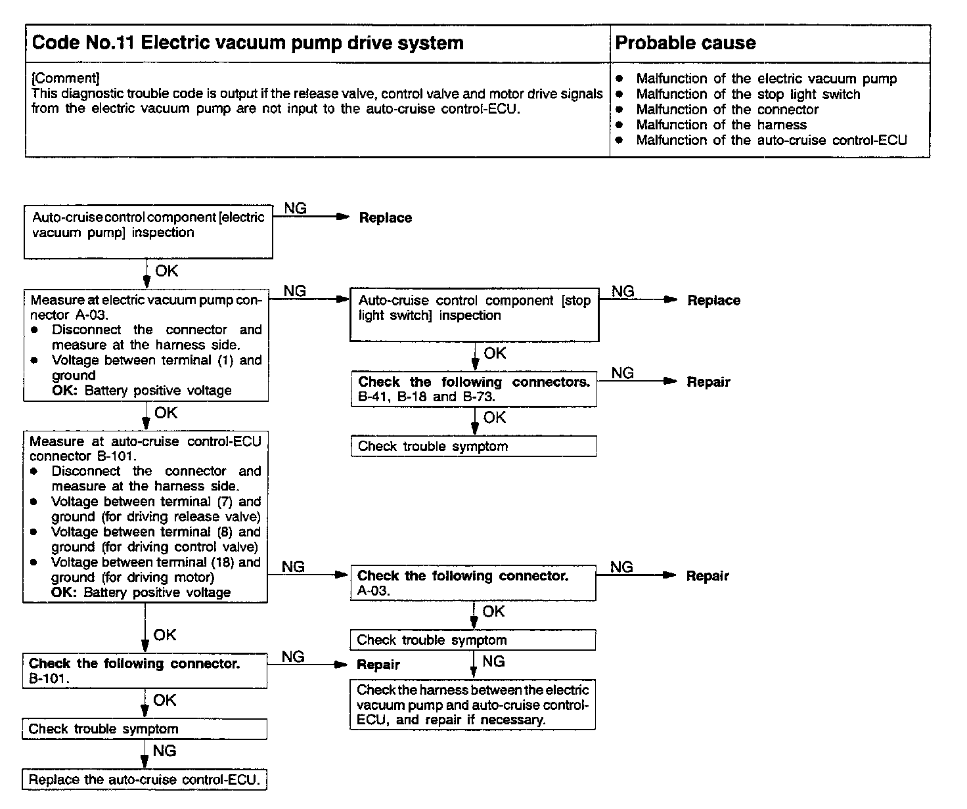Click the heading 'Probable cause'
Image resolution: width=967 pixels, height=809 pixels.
[x=685, y=43]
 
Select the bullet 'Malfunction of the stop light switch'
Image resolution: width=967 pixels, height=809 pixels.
[x=748, y=95]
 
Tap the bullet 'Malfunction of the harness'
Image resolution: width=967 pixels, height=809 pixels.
[x=721, y=125]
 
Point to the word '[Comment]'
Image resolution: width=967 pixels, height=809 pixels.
[x=66, y=78]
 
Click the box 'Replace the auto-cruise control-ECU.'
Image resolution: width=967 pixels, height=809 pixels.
[x=145, y=780]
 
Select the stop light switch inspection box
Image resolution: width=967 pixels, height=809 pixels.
[x=474, y=315]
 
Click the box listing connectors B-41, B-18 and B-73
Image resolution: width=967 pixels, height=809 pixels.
[x=474, y=389]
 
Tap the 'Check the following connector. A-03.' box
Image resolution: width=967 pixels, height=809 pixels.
[x=472, y=582]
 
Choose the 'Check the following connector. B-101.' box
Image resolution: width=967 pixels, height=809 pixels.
[x=145, y=670]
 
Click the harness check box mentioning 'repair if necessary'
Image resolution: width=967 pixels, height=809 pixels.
[x=472, y=705]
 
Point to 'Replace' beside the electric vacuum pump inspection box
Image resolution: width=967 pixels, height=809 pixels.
[x=385, y=218]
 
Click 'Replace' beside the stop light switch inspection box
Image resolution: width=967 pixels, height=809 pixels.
[x=713, y=301]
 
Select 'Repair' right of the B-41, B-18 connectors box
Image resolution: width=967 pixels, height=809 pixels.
[x=708, y=382]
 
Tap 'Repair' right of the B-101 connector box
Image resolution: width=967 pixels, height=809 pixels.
[x=378, y=665]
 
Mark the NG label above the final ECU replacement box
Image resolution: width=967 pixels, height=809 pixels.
[x=164, y=751]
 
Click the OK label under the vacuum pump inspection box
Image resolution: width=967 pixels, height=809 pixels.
[x=166, y=271]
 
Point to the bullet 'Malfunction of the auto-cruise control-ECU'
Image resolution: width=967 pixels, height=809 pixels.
[x=771, y=140]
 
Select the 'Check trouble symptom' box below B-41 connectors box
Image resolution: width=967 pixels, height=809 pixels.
[x=474, y=447]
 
